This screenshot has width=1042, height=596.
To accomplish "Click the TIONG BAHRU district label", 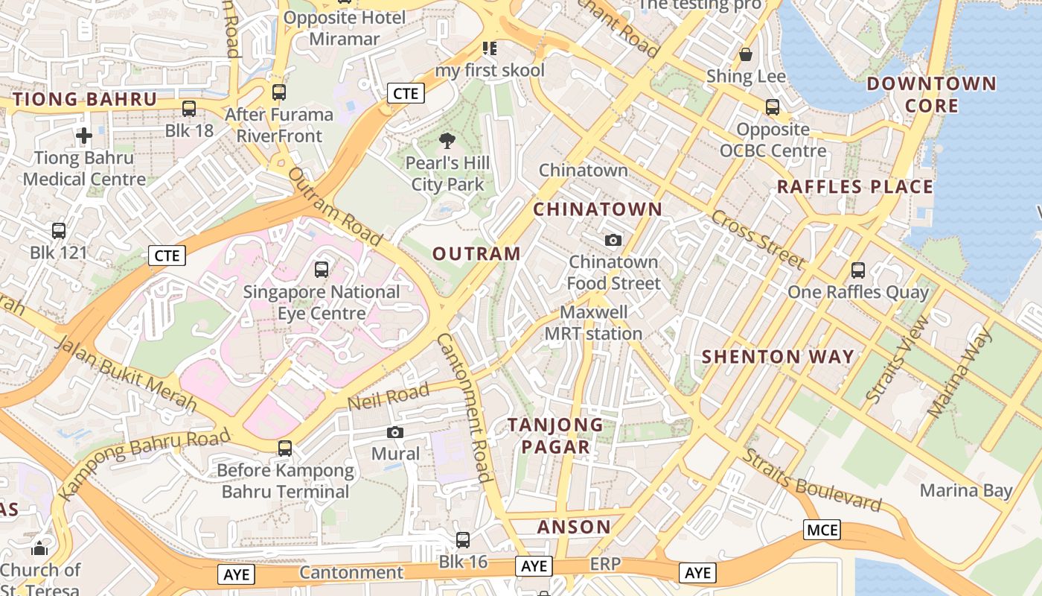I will [85, 99].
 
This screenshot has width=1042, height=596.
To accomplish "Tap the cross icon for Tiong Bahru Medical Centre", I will [84, 136].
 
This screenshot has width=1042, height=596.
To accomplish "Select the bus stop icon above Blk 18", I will [189, 109].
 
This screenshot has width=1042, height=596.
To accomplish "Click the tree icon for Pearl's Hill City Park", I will [447, 141].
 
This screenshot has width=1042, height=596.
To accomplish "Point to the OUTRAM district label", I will [476, 254].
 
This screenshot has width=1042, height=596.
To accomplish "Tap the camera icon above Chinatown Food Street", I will [613, 240].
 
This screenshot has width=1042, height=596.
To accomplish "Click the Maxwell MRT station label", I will [593, 323].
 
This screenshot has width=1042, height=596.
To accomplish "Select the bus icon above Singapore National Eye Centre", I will [322, 270].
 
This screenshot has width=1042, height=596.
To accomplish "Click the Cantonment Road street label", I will [464, 407].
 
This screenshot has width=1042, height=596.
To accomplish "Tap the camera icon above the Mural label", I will [395, 432].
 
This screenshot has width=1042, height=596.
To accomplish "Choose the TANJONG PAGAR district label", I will [555, 436].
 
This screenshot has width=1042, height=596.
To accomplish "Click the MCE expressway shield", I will [822, 530].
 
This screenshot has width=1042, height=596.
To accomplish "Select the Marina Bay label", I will [966, 490].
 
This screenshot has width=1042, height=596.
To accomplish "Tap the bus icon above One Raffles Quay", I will [858, 270].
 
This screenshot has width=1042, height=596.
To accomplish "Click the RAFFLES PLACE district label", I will [854, 187].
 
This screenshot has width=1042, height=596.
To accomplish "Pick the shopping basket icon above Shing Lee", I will [746, 54].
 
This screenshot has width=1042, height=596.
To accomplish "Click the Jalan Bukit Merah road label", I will [126, 374].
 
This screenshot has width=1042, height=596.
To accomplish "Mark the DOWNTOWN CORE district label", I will [931, 94].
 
